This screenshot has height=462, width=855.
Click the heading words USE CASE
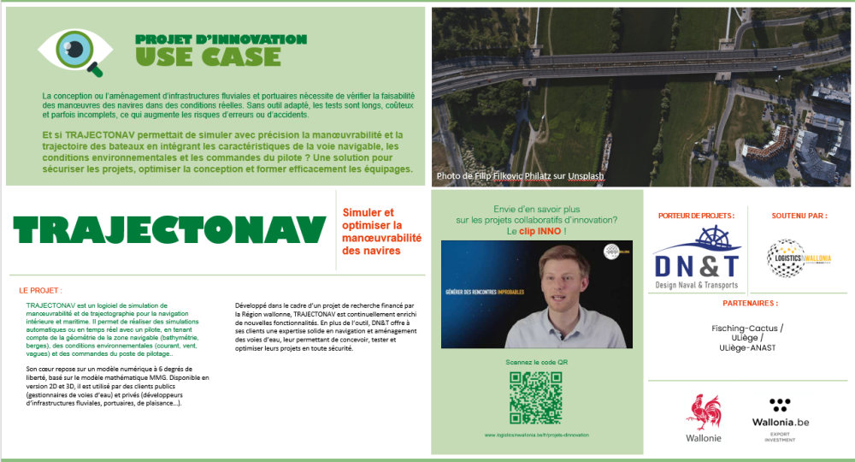click(208, 57)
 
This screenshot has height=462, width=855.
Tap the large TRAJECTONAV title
click(170, 229)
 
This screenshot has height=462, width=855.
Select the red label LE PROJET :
click(40, 291)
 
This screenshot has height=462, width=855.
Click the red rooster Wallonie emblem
click(703, 413)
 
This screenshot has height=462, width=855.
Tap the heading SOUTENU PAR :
click(799, 216)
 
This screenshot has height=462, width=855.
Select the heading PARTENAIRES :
click(750, 303)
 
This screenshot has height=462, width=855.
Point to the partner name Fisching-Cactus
click(747, 328)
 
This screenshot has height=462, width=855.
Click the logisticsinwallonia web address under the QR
click(536, 435)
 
